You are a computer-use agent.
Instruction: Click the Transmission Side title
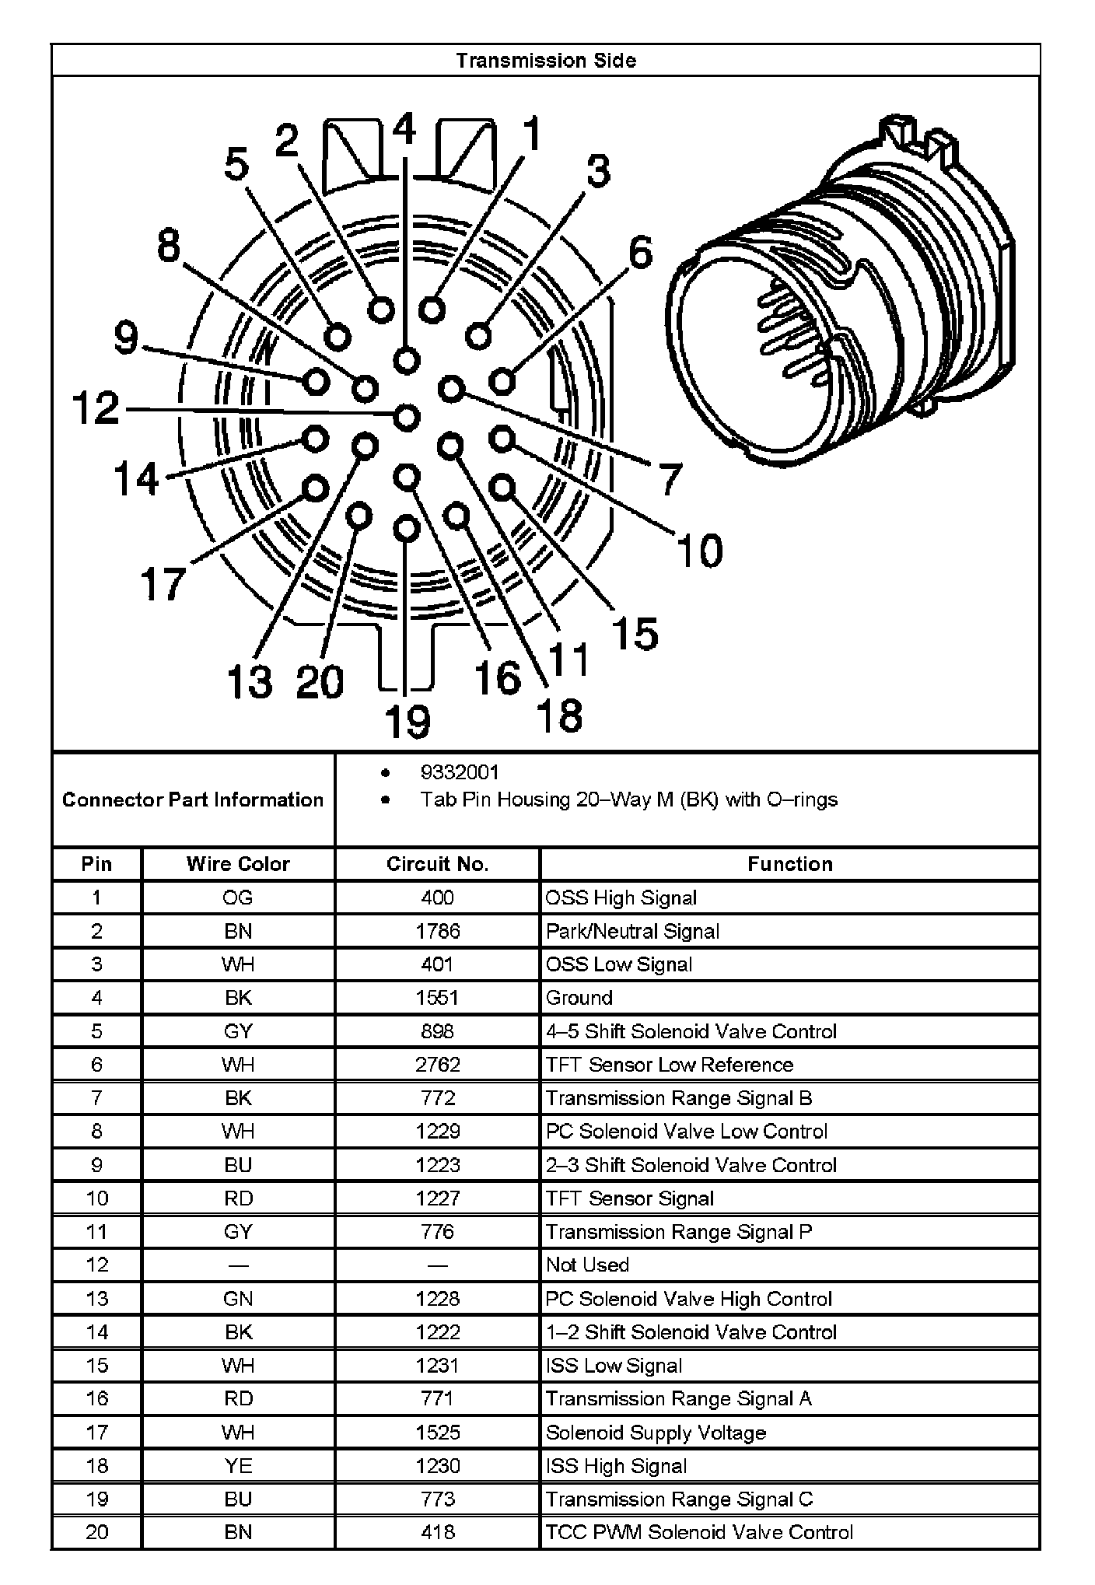coord(546,61)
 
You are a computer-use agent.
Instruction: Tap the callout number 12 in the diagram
coord(96,408)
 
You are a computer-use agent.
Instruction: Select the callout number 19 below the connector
coord(408,721)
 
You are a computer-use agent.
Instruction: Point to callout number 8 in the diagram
coord(169,247)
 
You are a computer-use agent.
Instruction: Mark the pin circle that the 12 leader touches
coord(407,417)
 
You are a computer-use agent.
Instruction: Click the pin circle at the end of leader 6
coord(503,381)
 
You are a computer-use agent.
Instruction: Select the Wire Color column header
coord(238,864)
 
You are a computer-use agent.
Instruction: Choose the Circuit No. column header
coord(437,864)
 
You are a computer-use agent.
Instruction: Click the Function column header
coord(789,864)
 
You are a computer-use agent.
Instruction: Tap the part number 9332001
coord(459,772)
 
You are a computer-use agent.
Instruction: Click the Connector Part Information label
coord(193,799)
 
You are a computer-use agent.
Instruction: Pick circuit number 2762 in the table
coord(437,1065)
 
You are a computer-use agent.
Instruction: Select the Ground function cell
coord(579,998)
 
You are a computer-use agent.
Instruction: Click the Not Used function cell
coord(587,1265)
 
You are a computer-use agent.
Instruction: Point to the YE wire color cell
coord(238,1466)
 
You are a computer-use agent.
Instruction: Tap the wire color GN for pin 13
coord(238,1299)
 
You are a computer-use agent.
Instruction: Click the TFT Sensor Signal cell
coord(629,1198)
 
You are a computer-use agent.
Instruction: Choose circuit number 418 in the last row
coord(437,1533)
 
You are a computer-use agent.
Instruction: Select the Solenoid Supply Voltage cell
coord(656,1433)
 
